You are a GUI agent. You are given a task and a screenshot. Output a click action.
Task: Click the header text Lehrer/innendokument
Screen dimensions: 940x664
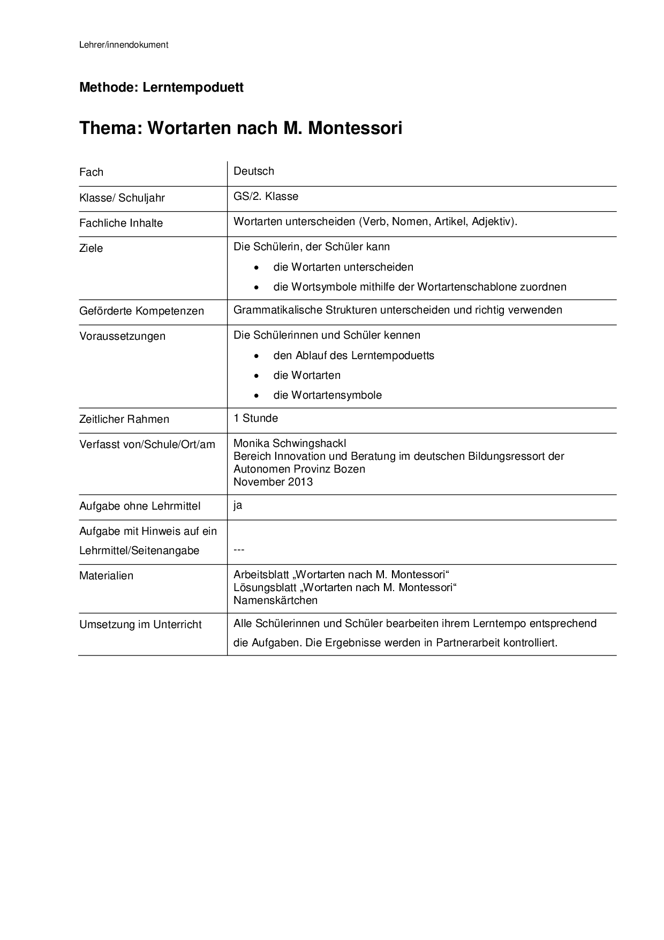[124, 45]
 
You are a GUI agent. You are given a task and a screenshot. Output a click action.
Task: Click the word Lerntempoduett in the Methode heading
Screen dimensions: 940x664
[193, 87]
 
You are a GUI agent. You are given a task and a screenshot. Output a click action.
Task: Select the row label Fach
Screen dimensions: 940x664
[91, 172]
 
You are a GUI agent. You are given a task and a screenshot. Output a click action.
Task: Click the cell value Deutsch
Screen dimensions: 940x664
[254, 171]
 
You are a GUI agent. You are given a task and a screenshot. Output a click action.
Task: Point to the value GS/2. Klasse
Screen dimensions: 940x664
[266, 196]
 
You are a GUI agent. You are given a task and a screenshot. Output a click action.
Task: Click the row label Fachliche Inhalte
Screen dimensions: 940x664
[121, 223]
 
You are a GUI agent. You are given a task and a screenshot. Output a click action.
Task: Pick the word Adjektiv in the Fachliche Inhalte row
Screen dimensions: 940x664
[493, 221]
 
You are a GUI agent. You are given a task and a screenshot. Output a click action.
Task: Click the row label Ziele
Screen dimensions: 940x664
[91, 248]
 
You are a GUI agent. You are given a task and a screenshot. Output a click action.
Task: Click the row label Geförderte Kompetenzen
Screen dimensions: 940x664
[141, 311]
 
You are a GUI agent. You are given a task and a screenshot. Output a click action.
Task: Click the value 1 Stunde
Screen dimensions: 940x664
[255, 418]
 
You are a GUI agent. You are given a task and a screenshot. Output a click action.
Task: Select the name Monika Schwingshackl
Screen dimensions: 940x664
[290, 443]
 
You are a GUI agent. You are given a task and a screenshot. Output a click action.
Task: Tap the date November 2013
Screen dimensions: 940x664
[273, 482]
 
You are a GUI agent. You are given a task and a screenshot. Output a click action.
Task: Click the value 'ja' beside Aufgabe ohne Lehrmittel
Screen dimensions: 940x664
[238, 505]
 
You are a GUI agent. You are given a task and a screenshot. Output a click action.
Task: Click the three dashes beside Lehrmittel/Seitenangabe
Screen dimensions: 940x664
[239, 550]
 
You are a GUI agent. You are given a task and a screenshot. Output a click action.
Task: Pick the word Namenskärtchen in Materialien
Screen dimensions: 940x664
[275, 600]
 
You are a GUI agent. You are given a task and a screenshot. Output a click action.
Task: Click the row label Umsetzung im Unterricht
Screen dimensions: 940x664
[140, 624]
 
